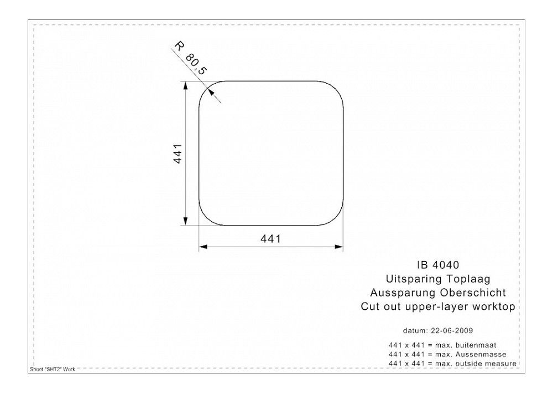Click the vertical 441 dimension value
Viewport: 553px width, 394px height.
point(178,153)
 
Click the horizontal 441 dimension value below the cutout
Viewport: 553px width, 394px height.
point(271,239)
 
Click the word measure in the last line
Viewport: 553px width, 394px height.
point(501,364)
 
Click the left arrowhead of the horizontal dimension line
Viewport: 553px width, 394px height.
point(202,247)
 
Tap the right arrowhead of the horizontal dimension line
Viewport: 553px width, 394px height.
point(340,247)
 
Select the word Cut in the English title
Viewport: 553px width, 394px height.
point(369,306)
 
